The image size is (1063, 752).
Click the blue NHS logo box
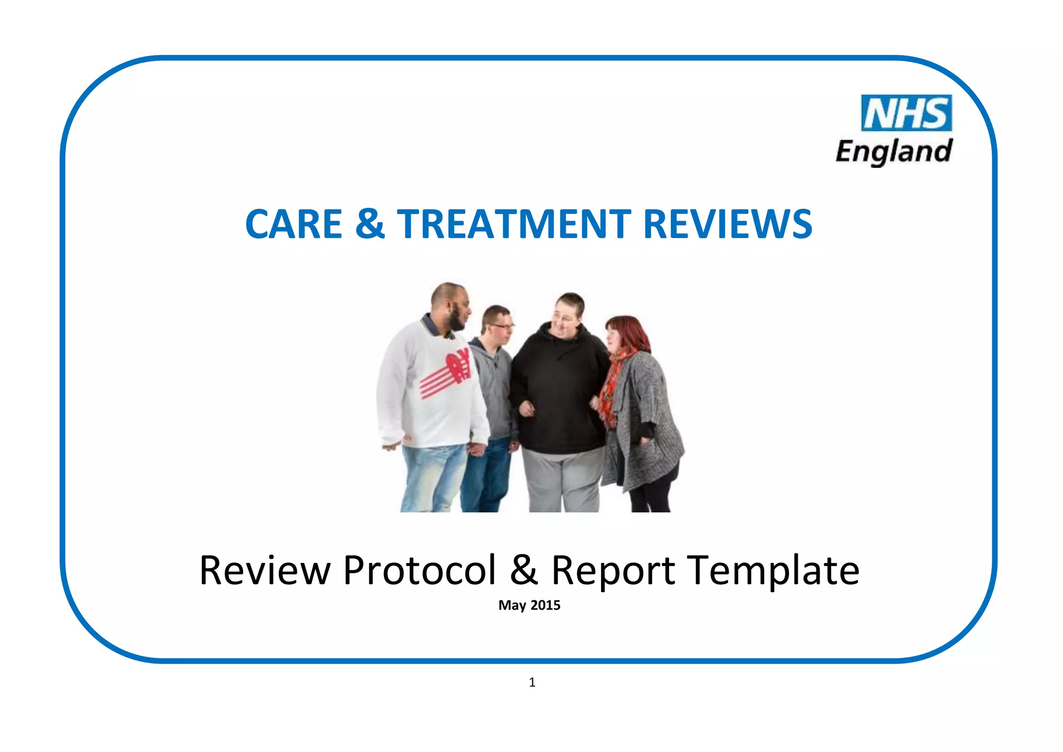click(906, 113)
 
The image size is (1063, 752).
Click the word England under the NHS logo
click(894, 152)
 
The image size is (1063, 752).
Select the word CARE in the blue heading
click(293, 224)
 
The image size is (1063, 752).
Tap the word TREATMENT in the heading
click(514, 224)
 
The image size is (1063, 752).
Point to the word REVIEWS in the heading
click(728, 224)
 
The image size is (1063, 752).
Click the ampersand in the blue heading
click(370, 224)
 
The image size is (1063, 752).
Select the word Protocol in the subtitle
click(419, 570)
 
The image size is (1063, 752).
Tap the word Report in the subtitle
click(612, 570)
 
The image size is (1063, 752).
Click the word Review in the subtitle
click(265, 570)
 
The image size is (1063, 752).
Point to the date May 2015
click(529, 606)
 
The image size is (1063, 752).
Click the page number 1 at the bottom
click(532, 682)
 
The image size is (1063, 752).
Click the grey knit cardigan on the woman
click(649, 415)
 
